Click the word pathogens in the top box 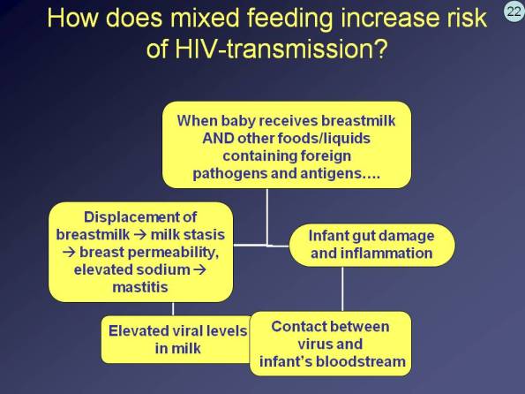[229, 173]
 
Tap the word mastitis [139, 287]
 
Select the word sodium [157, 269]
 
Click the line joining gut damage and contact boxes [342, 289]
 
